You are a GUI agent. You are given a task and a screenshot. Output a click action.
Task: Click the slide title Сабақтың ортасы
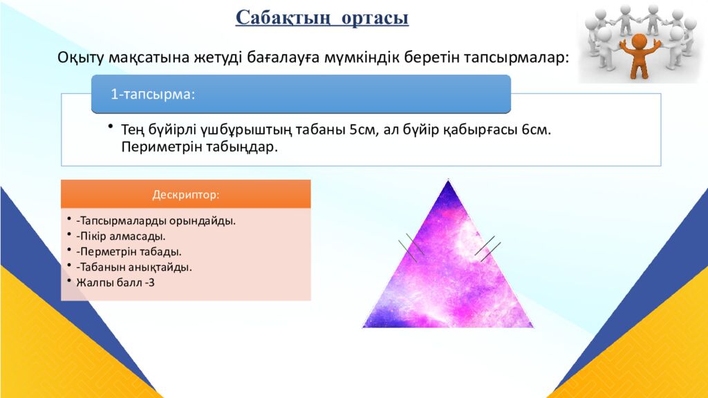[322, 17]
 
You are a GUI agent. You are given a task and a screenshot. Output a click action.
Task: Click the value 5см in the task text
[362, 131]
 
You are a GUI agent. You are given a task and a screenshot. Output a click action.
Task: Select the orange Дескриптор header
[185, 194]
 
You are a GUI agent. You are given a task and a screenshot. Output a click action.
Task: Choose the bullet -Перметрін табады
[129, 252]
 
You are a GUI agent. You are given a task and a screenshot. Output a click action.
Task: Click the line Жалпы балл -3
[111, 282]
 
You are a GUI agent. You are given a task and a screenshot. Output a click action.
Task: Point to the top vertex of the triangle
[449, 181]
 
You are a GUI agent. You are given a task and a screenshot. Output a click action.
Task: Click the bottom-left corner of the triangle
[364, 325]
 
